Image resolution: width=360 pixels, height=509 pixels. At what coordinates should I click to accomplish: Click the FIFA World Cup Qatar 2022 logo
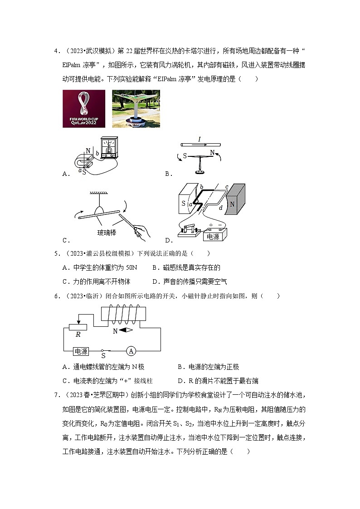pos(84,109)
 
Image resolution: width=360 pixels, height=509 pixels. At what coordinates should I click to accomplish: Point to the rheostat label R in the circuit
pos(78,335)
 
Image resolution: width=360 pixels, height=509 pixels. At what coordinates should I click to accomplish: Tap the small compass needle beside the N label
pos(126,330)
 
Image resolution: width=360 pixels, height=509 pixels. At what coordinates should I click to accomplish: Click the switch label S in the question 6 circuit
pos(103,356)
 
